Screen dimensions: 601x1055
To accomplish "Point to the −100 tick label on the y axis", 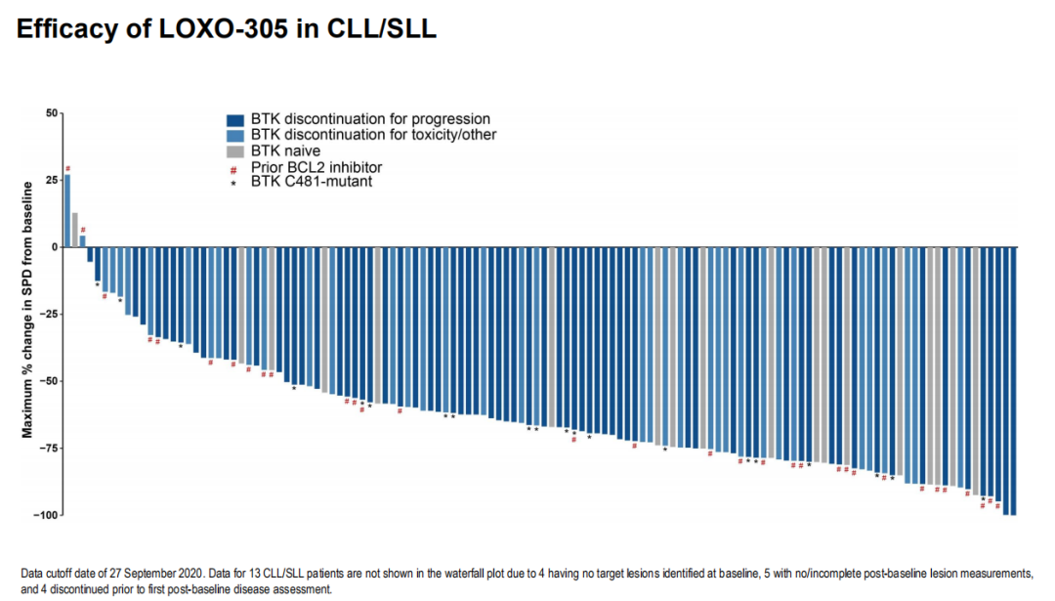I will pyautogui.click(x=46, y=515).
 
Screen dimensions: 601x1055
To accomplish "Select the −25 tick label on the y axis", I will pyautogui.click(x=49, y=314).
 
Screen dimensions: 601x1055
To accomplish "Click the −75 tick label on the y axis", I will pyautogui.click(x=49, y=448).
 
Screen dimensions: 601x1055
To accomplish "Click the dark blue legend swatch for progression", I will pyautogui.click(x=234, y=119).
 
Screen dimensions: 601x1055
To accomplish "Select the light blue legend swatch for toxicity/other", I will pyautogui.click(x=234, y=135).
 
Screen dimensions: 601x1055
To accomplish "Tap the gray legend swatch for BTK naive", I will pyautogui.click(x=234, y=151).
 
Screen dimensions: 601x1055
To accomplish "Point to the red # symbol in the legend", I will pyautogui.click(x=234, y=167).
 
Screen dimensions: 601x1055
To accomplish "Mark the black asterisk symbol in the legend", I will pyautogui.click(x=234, y=183).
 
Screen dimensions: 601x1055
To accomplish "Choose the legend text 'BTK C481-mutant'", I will pyautogui.click(x=311, y=182).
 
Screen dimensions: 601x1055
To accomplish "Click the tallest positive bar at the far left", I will pyautogui.click(x=67, y=210).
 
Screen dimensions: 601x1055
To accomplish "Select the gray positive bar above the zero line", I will pyautogui.click(x=75, y=230).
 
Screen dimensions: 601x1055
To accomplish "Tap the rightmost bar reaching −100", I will pyautogui.click(x=1013, y=381).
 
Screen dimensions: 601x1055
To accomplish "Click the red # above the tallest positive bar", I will pyautogui.click(x=68, y=168).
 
